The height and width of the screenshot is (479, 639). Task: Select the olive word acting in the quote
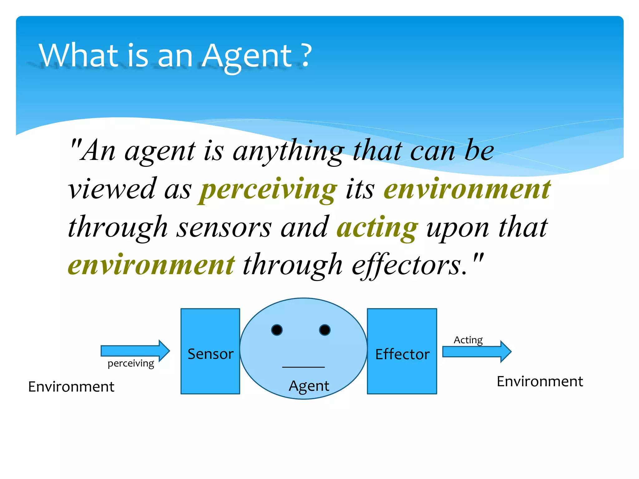(x=377, y=228)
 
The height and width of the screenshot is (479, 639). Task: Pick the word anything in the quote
(x=289, y=152)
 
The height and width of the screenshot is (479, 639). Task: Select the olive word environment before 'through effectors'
(x=151, y=265)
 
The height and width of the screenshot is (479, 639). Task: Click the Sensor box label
(x=211, y=354)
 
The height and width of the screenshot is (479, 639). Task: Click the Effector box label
(x=402, y=354)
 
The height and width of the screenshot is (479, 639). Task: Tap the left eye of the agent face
(x=277, y=330)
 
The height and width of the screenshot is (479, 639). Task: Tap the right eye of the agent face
(x=325, y=330)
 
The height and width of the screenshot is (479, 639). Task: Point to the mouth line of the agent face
(x=303, y=367)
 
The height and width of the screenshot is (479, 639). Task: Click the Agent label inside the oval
(x=309, y=386)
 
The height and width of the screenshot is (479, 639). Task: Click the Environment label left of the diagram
(x=71, y=387)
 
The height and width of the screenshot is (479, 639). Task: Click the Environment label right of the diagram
(x=540, y=381)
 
